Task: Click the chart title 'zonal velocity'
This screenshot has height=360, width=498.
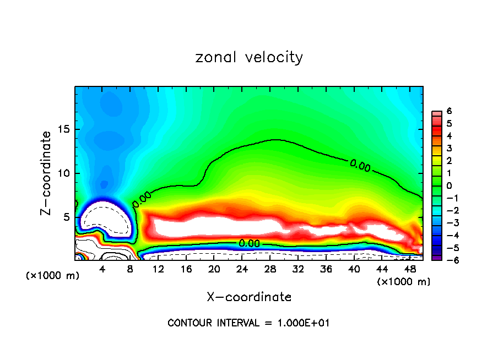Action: (249, 57)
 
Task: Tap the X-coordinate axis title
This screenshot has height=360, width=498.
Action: (249, 297)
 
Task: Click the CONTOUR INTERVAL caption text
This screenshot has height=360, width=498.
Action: (248, 323)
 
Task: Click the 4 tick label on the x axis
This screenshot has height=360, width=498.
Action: (102, 269)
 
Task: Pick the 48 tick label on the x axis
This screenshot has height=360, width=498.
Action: (409, 269)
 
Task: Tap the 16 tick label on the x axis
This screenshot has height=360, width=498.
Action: (186, 269)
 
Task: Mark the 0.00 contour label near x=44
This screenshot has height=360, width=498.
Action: (360, 165)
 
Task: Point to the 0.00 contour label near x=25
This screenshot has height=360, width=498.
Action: (249, 243)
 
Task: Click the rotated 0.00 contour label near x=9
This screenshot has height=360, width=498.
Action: (142, 199)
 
